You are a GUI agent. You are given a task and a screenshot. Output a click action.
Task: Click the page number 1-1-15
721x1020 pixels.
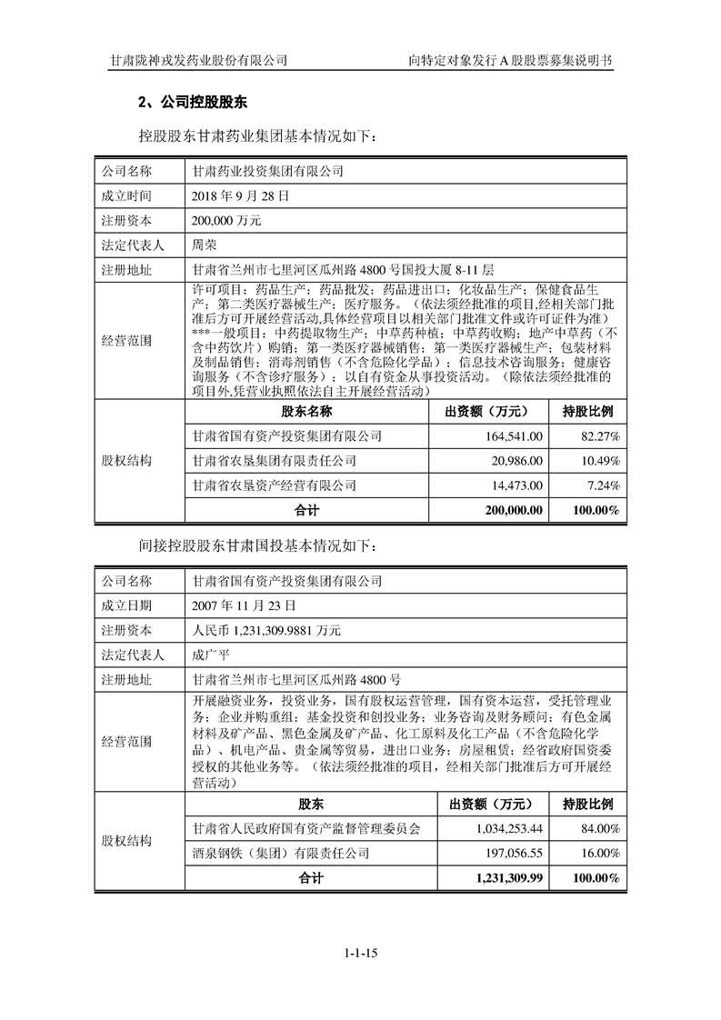tap(360, 953)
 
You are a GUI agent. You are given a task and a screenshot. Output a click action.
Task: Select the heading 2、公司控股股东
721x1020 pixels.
tap(186, 101)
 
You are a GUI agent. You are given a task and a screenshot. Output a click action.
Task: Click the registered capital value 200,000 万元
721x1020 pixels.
tap(226, 220)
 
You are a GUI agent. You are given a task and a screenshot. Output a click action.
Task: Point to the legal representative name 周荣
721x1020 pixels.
tap(204, 245)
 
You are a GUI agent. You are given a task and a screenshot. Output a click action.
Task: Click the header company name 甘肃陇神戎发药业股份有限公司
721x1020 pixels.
tap(198, 60)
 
